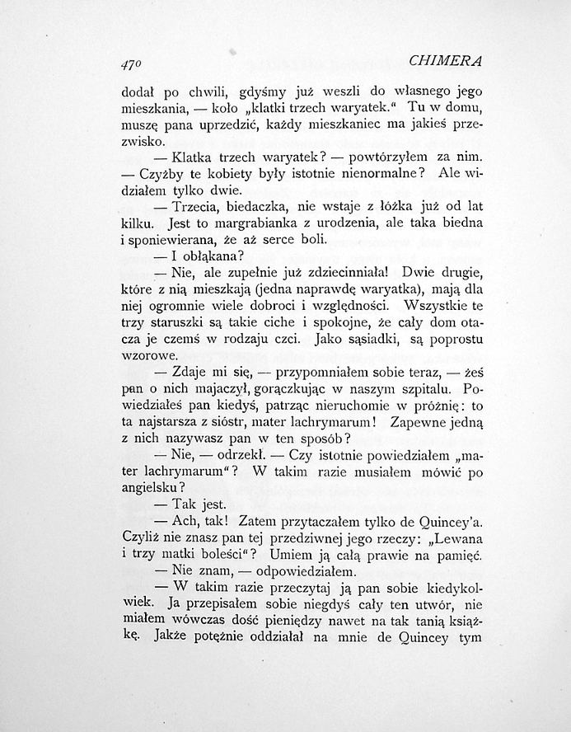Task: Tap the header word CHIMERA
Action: tap(445, 61)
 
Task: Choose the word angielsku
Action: tap(151, 487)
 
